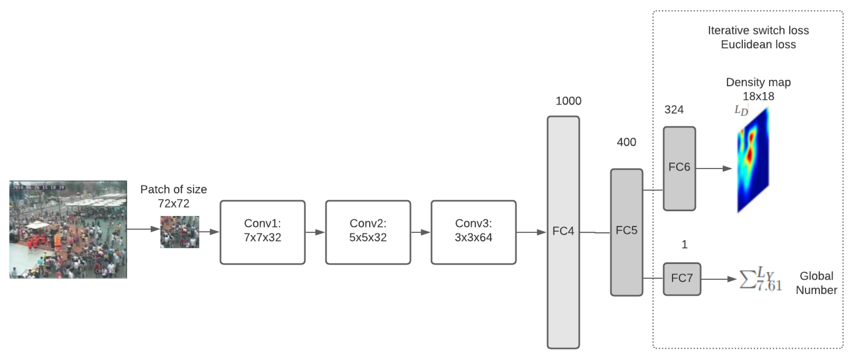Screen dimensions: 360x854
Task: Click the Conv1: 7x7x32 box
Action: (x=262, y=232)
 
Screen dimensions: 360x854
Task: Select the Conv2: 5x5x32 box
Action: (x=368, y=232)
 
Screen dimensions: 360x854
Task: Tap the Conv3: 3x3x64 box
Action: (x=473, y=232)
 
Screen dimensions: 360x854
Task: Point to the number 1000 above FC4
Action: (x=568, y=101)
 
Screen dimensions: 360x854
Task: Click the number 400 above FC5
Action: (x=626, y=142)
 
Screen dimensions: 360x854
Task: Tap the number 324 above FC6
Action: (x=674, y=109)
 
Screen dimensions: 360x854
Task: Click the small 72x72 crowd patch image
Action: (x=180, y=232)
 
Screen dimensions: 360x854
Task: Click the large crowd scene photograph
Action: (x=68, y=229)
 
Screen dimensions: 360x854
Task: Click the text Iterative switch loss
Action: (x=758, y=30)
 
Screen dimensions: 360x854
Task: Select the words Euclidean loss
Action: (x=758, y=44)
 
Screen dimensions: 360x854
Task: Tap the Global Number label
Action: (x=816, y=283)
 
